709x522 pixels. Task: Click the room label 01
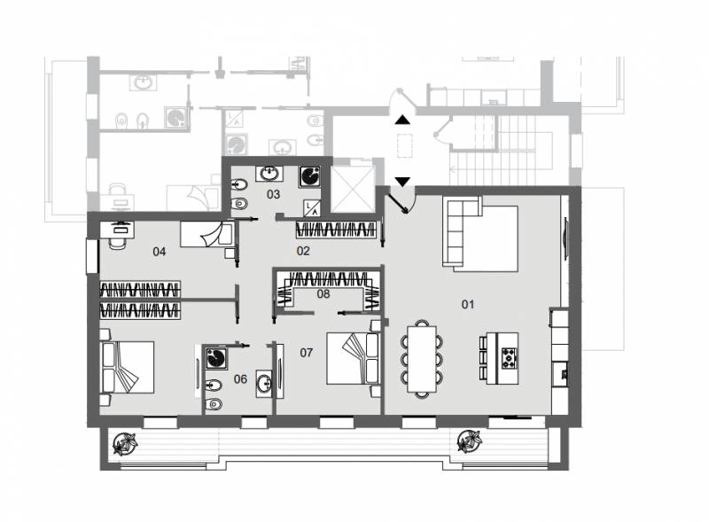click(x=468, y=304)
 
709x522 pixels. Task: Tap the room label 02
click(x=303, y=251)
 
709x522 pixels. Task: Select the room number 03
click(x=273, y=194)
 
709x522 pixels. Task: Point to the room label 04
click(x=160, y=252)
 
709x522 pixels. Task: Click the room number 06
click(x=240, y=379)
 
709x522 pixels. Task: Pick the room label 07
click(x=306, y=353)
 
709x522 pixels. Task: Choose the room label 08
click(x=323, y=294)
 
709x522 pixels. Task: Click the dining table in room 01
click(x=422, y=359)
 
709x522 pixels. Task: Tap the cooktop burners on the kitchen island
click(x=509, y=358)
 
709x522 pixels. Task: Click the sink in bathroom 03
click(x=270, y=174)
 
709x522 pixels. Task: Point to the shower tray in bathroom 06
click(x=215, y=358)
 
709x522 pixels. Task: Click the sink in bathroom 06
click(x=264, y=384)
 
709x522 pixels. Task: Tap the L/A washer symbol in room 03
click(x=312, y=207)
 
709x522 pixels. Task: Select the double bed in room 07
click(x=353, y=359)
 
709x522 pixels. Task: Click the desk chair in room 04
click(x=119, y=241)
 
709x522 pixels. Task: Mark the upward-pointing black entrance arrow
click(x=402, y=120)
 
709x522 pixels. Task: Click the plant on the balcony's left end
click(x=124, y=443)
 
